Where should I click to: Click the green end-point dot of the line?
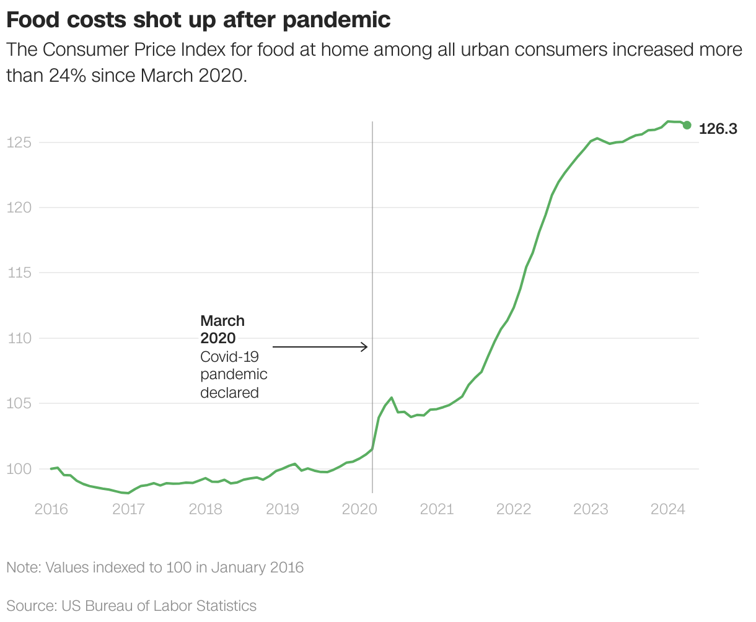coord(687,125)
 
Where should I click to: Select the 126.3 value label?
coord(718,129)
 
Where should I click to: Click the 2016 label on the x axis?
coord(51,509)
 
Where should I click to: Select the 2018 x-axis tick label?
coord(205,509)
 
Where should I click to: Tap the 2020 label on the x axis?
coord(359,509)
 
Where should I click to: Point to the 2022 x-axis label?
coord(514,509)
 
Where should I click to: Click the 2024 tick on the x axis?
coord(667,509)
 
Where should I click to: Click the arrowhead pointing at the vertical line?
coord(365,347)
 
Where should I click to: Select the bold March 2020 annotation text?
coord(222,329)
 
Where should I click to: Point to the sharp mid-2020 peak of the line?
coord(391,398)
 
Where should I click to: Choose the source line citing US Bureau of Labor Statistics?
coord(131,605)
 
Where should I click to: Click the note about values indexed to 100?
coord(155,567)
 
